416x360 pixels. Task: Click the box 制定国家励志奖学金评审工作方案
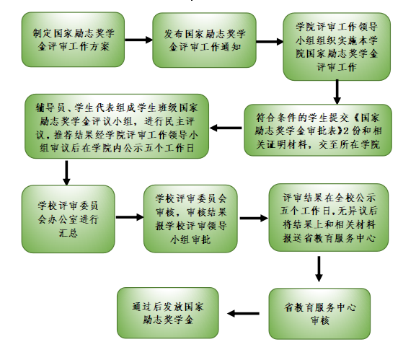73,40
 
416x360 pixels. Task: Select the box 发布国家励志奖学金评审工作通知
204,40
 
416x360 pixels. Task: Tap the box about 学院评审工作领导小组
337,46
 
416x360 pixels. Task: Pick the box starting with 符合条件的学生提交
318,130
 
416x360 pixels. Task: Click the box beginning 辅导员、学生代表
117,126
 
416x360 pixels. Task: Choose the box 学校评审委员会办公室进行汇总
68,219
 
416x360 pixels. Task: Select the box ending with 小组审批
190,219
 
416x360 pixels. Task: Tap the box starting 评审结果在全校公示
329,217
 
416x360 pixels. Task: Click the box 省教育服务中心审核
319,314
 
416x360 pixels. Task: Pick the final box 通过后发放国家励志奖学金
168,313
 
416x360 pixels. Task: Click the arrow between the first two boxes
138,40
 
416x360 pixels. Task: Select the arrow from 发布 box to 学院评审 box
270,42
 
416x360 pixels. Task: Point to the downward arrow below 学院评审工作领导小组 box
337,92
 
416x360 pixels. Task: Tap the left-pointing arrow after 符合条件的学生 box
226,128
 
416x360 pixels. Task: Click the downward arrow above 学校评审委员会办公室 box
66,173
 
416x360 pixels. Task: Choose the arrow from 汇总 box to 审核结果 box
130,217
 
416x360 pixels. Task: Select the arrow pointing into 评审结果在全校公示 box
254,218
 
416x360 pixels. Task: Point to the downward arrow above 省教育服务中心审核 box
319,269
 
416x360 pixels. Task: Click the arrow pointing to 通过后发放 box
243,314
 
